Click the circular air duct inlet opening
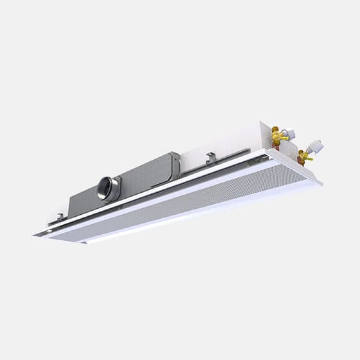[104, 188]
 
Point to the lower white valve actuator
[317, 147]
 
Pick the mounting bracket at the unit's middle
[210, 159]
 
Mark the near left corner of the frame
[35, 234]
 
